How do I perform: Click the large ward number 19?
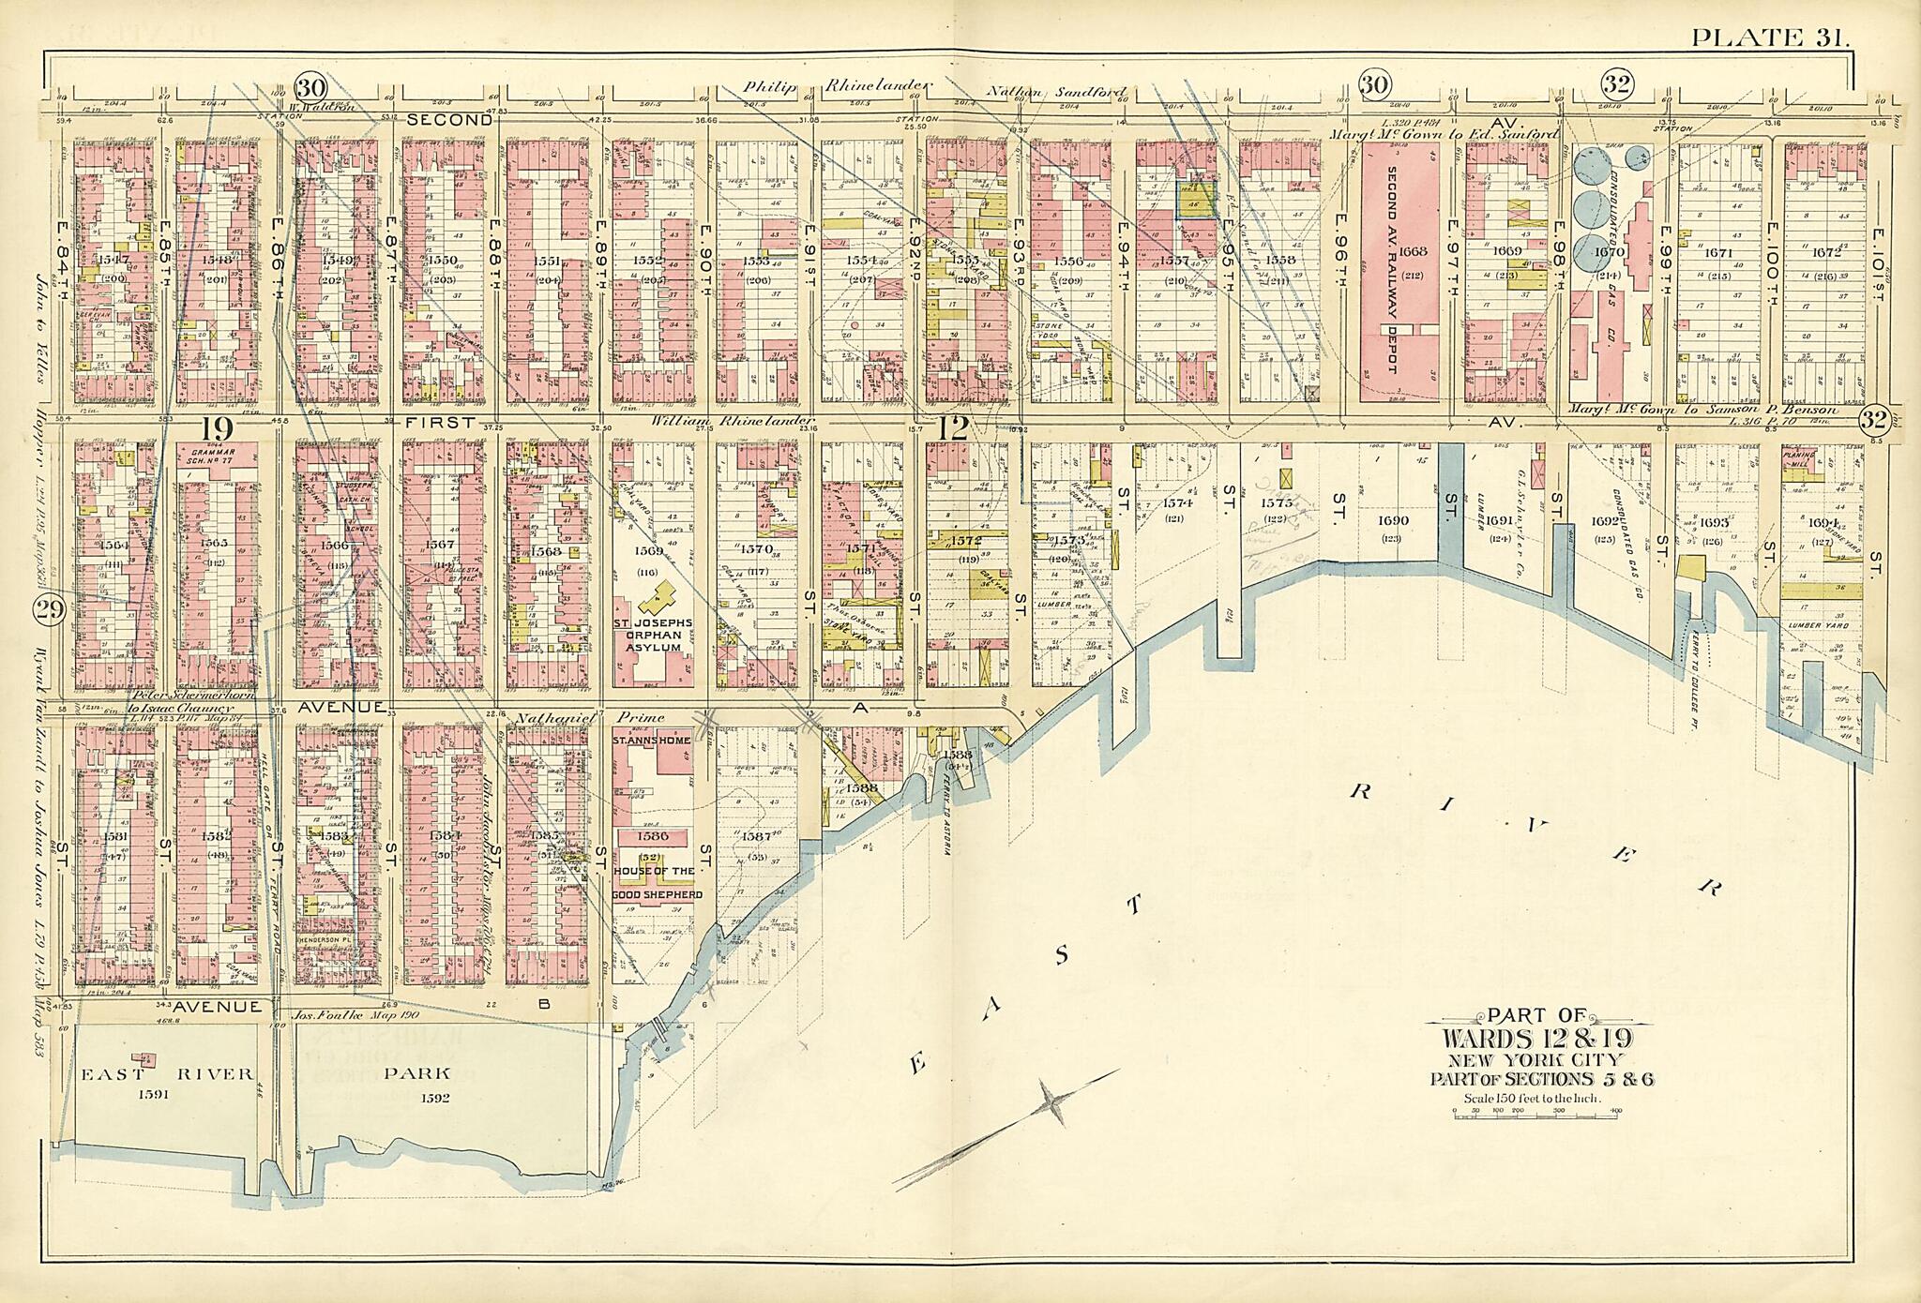[217, 429]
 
